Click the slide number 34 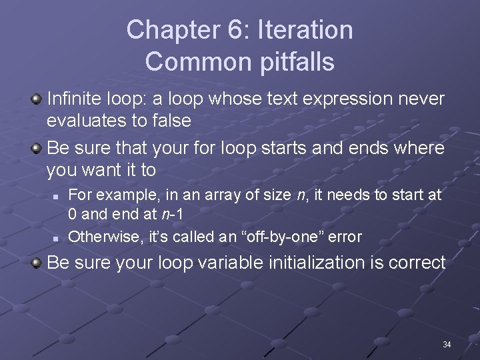click(x=447, y=345)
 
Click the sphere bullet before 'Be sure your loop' click(x=36, y=263)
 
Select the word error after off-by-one click(x=345, y=236)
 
